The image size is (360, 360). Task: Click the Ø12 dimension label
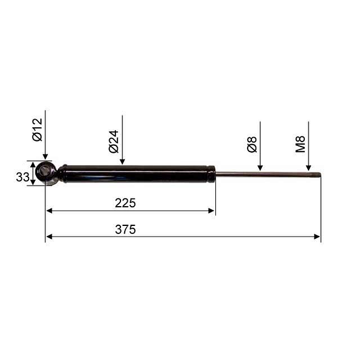click(37, 130)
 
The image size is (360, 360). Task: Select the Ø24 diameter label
click(114, 142)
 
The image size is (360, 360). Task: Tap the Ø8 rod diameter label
click(252, 144)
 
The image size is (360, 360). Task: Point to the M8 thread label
click(300, 144)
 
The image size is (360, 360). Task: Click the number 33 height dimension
click(22, 178)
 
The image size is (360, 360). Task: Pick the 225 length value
click(125, 203)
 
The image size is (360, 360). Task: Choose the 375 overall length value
click(125, 230)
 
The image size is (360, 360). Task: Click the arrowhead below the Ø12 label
click(45, 156)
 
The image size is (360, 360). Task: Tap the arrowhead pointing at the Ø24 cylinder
click(122, 161)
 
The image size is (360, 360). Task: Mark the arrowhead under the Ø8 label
click(260, 168)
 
